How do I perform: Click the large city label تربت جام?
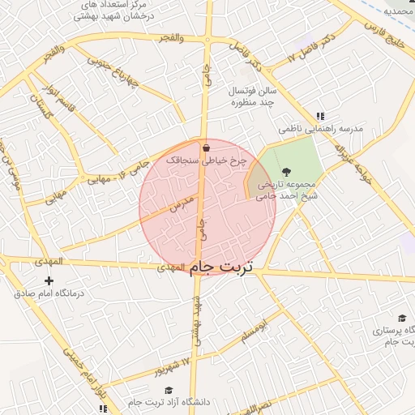tap(222, 267)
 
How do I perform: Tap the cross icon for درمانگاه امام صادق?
tap(49, 280)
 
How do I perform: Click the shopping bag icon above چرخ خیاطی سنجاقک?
tap(207, 148)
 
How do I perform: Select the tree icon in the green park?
tap(286, 172)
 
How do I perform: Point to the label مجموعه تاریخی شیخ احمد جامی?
tap(288, 190)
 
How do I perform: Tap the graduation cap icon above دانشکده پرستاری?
tap(401, 319)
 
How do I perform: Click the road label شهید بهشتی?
tap(196, 323)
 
